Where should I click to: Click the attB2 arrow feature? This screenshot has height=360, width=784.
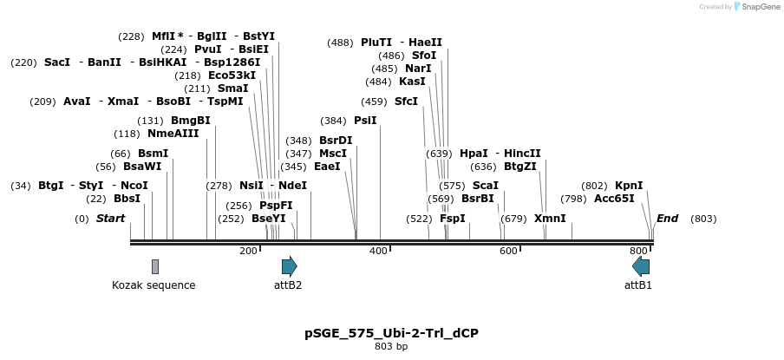click(289, 266)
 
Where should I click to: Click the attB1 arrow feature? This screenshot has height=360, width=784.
click(641, 266)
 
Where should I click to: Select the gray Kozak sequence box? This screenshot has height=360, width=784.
click(155, 266)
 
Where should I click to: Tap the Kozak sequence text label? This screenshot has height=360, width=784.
click(154, 285)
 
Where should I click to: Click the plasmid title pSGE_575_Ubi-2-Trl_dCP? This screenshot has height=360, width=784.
click(391, 333)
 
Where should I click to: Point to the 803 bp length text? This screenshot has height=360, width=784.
click(391, 347)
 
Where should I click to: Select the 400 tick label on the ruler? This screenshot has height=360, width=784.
click(378, 251)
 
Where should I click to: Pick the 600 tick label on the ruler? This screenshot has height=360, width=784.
click(508, 251)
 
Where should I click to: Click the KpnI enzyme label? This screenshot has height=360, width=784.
click(629, 186)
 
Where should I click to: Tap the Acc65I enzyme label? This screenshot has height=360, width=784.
click(614, 199)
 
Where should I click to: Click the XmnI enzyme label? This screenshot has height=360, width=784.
click(550, 219)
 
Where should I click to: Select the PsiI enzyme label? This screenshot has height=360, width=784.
click(365, 121)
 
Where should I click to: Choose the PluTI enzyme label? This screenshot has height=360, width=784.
click(376, 43)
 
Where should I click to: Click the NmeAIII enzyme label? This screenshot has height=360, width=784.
click(173, 134)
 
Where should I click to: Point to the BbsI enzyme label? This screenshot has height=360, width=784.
click(127, 199)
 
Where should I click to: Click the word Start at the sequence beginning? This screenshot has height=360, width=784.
click(110, 219)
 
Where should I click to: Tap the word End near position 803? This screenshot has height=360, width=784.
click(667, 219)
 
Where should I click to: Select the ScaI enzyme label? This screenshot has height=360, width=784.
click(485, 186)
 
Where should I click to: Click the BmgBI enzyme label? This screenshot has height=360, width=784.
click(190, 121)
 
